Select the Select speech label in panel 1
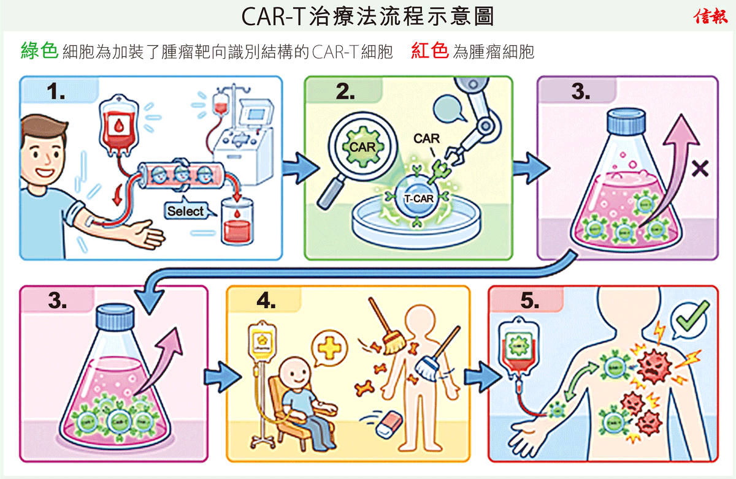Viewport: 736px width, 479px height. coord(185,211)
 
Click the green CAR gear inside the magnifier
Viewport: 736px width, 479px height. coord(362,147)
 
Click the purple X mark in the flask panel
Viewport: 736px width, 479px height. coord(699,168)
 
